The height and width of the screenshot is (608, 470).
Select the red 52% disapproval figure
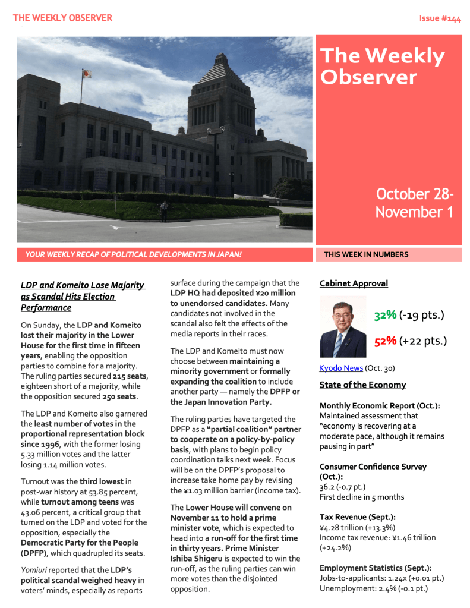(385, 341)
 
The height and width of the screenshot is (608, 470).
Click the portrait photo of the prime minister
(343, 326)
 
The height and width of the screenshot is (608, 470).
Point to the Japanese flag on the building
(87, 74)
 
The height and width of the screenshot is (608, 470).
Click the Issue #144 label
(440, 18)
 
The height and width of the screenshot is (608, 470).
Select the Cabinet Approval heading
(354, 283)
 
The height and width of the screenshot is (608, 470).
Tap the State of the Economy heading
(362, 385)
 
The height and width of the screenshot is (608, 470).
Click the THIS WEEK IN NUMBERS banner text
(366, 254)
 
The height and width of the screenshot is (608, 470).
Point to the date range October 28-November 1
(415, 203)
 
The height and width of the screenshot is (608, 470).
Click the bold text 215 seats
(130, 376)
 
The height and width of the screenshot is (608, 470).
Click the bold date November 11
(194, 518)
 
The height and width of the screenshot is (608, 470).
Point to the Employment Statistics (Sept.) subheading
(376, 568)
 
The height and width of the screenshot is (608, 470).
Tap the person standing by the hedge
(164, 210)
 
